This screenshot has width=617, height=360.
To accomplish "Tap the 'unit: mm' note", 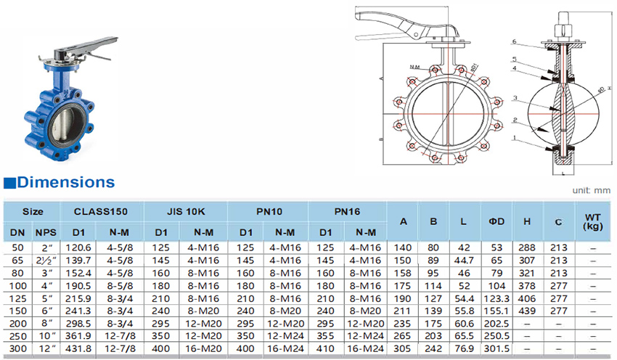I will point(592,190).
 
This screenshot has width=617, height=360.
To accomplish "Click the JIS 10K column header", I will point(187,212).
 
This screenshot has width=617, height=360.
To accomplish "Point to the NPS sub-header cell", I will point(46,232).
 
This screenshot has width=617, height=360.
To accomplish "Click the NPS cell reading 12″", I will point(46,349).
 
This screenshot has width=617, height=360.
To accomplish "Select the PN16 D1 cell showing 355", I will point(327,336).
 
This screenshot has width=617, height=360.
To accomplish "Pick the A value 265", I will point(401,336).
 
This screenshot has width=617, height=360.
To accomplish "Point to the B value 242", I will point(433,349).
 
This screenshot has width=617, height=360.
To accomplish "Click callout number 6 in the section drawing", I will point(513,41).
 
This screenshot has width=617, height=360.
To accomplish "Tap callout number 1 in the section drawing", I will point(513,137).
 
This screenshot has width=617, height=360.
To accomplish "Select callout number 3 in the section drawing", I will point(513,98).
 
